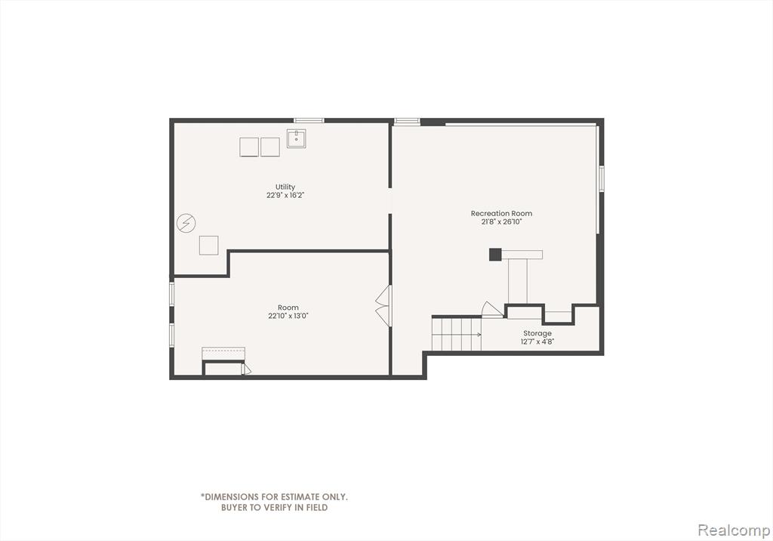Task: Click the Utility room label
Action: (x=285, y=187)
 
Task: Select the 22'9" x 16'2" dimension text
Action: (x=285, y=195)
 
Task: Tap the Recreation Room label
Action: (x=501, y=213)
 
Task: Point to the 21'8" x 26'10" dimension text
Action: (x=501, y=221)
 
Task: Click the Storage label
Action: (x=537, y=333)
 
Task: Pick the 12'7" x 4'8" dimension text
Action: (x=537, y=342)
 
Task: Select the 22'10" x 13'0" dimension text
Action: (x=288, y=316)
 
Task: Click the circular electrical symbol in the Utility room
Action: (x=186, y=224)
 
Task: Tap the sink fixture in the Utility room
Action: (x=296, y=139)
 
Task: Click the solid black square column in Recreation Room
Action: (x=495, y=254)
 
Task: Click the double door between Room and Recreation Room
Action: (x=383, y=305)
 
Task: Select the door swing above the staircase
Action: (x=492, y=310)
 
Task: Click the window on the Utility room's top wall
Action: (x=309, y=120)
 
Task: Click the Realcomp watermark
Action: (x=734, y=530)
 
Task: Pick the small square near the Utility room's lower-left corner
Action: (x=208, y=246)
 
